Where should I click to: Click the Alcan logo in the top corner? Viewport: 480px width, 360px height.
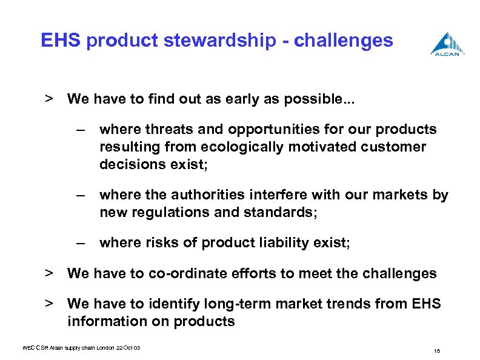[x=448, y=44]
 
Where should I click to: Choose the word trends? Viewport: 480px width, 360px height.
[x=353, y=304]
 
